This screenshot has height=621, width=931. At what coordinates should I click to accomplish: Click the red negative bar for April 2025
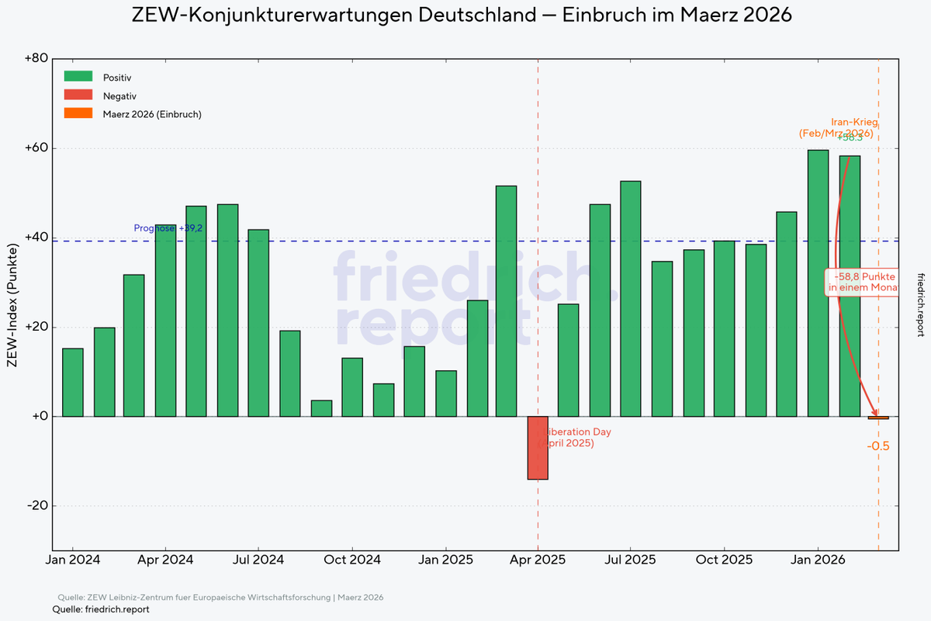pos(538,448)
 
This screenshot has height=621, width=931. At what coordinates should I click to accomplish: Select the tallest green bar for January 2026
pos(818,283)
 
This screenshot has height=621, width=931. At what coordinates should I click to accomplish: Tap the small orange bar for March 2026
pos(878,418)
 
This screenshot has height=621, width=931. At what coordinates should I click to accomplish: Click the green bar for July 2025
pos(631,299)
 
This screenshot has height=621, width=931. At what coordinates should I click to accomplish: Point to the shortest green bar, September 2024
pos(321,408)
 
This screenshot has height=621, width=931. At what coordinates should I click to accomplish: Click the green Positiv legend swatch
pos(78,77)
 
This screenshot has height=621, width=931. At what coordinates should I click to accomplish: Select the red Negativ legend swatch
pos(78,95)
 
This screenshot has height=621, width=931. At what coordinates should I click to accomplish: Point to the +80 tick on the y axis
pos(37,59)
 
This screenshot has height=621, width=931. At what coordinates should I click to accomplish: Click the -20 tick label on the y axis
pos(37,506)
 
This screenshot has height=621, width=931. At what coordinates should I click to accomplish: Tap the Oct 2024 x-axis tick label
pos(352,559)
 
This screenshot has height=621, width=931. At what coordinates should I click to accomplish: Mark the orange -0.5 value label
pos(877,446)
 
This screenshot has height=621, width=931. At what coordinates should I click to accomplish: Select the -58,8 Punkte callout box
pos(863,282)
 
